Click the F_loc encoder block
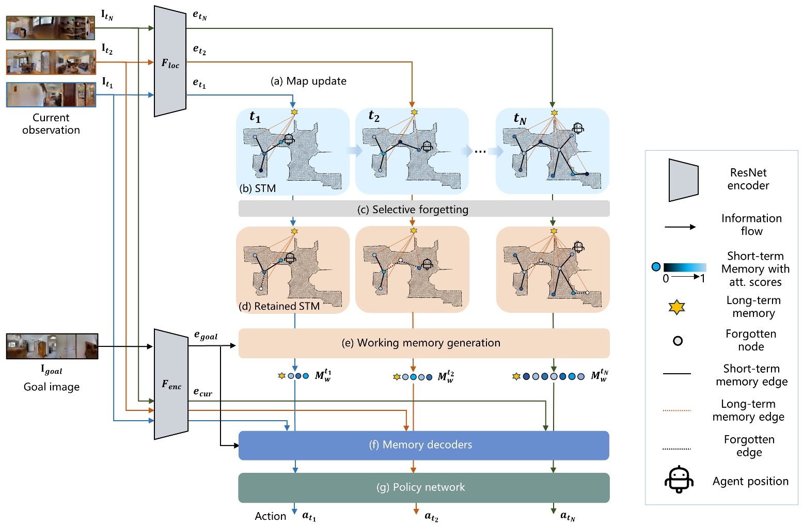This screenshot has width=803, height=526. click(x=170, y=62)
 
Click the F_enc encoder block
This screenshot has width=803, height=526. click(x=171, y=385)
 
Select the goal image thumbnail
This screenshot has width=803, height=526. click(x=52, y=346)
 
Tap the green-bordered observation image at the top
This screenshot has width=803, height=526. click(x=51, y=28)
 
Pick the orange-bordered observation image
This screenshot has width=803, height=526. click(x=51, y=62)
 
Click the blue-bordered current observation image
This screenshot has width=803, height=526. click(x=51, y=94)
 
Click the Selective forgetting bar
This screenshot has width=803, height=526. click(x=423, y=209)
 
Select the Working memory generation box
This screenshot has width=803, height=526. click(x=423, y=343)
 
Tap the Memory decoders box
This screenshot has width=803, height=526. click(x=423, y=445)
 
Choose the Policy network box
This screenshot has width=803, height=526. click(x=423, y=487)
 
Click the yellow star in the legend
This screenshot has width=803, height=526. click(x=676, y=308)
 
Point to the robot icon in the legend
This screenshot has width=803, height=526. click(x=678, y=480)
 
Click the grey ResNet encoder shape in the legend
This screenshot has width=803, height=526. click(x=683, y=180)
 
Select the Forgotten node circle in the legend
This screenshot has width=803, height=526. click(x=678, y=341)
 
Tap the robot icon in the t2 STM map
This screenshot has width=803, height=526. click(x=427, y=147)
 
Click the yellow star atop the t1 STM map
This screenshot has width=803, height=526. click(x=294, y=112)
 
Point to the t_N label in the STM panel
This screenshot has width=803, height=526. click(x=519, y=119)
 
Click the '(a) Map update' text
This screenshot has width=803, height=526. click(x=308, y=81)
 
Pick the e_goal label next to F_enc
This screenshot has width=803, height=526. click(x=206, y=336)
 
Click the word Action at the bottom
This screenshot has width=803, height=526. click(x=270, y=516)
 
